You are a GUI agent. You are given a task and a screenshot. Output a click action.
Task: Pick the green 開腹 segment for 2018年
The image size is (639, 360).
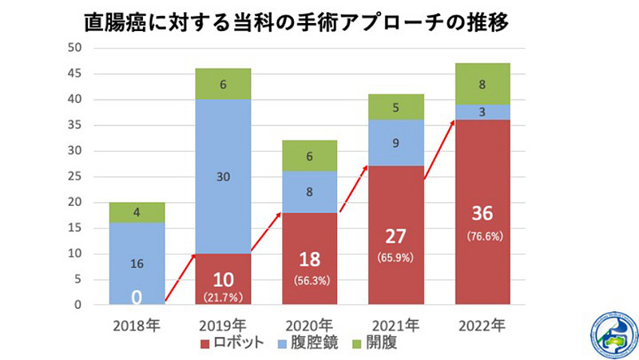click(x=137, y=212)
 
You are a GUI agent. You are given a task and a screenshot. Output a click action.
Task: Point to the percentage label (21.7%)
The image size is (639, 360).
click(x=223, y=296)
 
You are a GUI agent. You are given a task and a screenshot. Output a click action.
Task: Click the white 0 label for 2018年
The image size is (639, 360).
click(x=137, y=296)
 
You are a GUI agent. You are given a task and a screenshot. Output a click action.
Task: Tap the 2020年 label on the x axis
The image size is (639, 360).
click(x=309, y=326)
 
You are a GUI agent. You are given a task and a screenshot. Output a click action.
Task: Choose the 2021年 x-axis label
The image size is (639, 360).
click(x=395, y=326)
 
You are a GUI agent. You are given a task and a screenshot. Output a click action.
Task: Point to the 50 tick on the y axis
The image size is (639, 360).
click(x=77, y=48)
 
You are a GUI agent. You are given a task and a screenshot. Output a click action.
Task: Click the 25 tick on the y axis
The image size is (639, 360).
click(x=77, y=177)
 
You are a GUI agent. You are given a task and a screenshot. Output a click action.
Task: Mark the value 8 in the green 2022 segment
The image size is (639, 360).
click(x=482, y=84)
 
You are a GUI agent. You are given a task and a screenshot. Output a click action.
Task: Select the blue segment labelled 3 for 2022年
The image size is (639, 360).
click(x=482, y=113)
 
